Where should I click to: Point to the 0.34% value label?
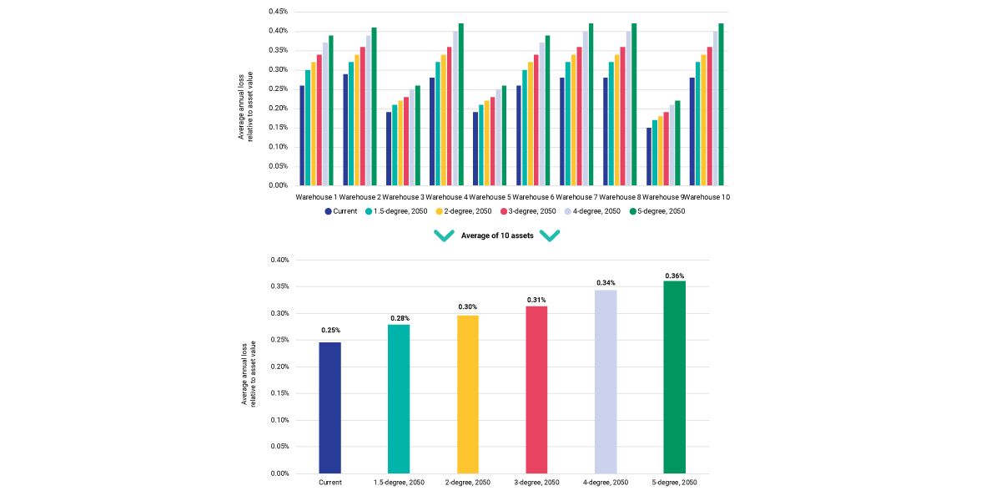606,283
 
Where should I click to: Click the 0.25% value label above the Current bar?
329,331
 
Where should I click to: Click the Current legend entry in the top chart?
340,211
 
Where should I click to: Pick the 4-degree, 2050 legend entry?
594,211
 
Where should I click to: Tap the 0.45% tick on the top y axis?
278,12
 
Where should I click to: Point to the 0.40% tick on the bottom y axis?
278,261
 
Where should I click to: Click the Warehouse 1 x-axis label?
315,197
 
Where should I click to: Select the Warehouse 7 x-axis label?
576,197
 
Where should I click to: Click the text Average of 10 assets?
497,235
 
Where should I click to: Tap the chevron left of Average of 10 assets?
444,236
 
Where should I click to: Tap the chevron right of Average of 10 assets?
550,236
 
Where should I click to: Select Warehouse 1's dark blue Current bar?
302,135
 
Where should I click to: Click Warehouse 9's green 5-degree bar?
677,143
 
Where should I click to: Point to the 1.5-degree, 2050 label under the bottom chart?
398,483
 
